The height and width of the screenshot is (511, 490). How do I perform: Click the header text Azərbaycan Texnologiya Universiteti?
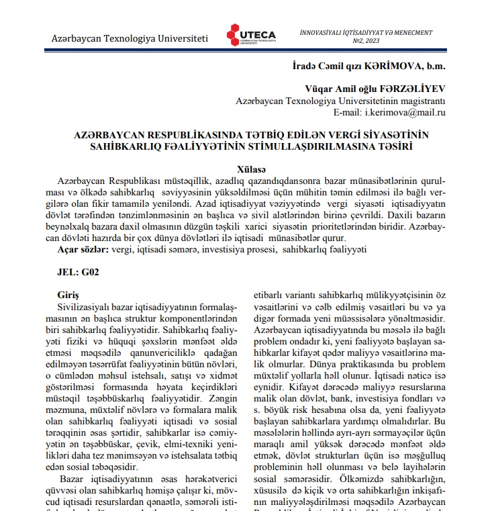coord(130,39)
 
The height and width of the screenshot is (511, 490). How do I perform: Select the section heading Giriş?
coord(69,295)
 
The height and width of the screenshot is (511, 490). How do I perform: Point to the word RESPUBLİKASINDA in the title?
coord(186,134)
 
